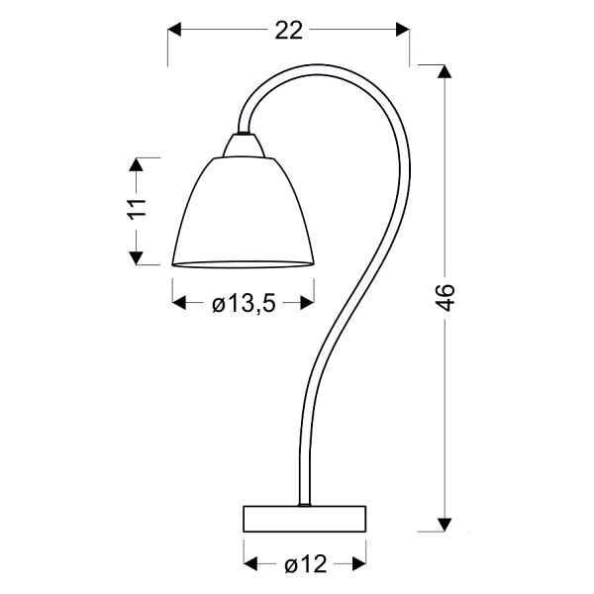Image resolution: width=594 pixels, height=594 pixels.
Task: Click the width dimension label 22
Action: point(288,31)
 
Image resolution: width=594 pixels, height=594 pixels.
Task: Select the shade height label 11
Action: point(137,210)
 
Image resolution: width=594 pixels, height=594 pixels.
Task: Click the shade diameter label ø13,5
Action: point(243,305)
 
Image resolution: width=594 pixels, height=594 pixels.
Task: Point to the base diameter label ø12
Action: point(305,565)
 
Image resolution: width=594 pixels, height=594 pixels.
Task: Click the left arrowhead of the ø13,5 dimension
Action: point(179,305)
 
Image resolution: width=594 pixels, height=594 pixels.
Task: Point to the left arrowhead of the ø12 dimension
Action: point(249,565)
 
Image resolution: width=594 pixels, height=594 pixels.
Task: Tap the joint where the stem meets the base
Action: point(305,505)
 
